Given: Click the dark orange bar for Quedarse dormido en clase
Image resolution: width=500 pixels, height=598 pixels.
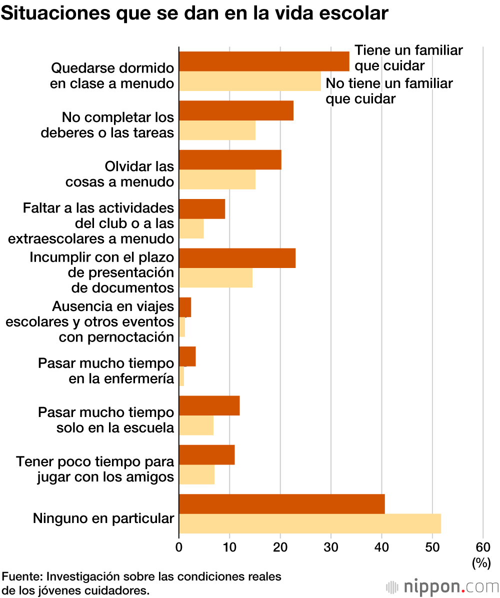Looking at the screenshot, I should click(264, 61).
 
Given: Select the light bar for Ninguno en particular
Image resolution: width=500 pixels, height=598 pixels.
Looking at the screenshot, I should click(310, 523).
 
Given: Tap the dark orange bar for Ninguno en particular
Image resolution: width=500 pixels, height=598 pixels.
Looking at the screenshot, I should click(282, 504).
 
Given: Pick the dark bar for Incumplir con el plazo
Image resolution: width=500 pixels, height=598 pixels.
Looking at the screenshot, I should click(237, 258).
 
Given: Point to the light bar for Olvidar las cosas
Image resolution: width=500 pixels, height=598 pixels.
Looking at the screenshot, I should click(217, 179).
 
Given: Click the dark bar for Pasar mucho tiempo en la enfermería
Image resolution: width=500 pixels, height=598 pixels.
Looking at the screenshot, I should click(187, 356).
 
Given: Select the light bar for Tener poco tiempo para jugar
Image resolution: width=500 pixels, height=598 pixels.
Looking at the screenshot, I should click(196, 474).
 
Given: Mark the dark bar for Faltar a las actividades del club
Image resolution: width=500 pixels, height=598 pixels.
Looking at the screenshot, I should click(202, 209).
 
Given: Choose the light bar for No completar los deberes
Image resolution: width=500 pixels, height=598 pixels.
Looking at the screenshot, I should click(217, 130).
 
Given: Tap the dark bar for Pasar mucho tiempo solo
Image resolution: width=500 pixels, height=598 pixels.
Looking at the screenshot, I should click(209, 405).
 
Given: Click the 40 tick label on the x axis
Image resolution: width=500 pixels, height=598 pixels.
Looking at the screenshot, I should click(381, 547).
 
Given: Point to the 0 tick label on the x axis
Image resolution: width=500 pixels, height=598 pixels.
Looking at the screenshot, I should click(179, 547).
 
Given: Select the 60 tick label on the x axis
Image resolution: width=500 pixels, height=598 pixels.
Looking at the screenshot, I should click(482, 547).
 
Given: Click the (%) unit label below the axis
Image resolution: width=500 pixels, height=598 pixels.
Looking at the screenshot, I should click(481, 563).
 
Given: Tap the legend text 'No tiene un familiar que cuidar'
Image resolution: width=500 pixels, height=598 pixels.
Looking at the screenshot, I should click(389, 90).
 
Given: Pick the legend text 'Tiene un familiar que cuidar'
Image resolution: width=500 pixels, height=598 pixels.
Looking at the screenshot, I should click(408, 57).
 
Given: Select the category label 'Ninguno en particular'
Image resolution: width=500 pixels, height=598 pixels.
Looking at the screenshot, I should click(103, 518).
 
